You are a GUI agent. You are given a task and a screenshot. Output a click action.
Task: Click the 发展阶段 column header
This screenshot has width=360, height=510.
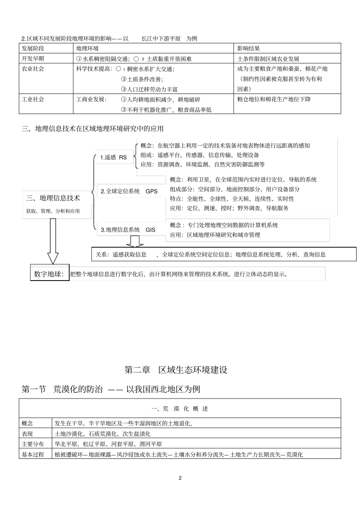[33, 49]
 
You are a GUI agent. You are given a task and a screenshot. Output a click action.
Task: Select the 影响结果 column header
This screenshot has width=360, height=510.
[248, 49]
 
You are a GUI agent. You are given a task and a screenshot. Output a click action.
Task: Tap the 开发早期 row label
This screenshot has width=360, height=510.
[33, 59]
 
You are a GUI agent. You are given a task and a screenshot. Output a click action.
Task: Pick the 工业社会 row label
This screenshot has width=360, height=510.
[33, 99]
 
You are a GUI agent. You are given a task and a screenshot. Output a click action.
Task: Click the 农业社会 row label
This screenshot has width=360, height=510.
[33, 69]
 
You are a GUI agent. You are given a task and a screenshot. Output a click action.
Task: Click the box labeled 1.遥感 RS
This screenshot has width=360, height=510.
[114, 157]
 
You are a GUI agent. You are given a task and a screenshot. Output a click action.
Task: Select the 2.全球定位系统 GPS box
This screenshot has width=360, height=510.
[129, 191]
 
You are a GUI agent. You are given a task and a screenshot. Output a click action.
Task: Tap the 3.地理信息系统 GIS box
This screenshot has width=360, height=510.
[128, 229]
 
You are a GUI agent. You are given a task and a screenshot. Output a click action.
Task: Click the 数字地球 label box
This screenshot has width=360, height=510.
[49, 274]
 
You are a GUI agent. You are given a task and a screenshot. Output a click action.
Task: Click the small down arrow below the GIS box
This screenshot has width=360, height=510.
[134, 241]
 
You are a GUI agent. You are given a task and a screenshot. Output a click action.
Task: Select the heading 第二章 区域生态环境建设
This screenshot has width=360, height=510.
[176, 370]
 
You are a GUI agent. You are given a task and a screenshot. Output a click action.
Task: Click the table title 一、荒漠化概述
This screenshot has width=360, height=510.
[180, 409]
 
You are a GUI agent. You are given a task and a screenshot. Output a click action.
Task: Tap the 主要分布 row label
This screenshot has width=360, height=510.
[33, 444]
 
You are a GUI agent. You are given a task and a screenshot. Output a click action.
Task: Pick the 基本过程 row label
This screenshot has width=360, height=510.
[33, 454]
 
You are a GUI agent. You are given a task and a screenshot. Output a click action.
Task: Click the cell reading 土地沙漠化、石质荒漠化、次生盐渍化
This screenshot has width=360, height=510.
[103, 434]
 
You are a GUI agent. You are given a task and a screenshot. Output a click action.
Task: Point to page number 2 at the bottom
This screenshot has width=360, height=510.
[180, 478]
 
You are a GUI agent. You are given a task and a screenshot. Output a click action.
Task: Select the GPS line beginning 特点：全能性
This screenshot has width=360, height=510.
[232, 199]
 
